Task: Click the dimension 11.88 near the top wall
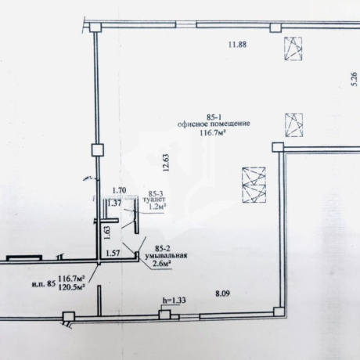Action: coord(237,45)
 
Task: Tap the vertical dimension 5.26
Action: coord(355,79)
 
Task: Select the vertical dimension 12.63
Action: coord(166,163)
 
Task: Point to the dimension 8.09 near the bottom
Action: coord(222,294)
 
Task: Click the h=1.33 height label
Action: coord(175,301)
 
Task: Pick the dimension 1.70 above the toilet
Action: coord(119,190)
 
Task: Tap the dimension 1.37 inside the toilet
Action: coord(114,203)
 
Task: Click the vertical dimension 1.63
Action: coord(107,232)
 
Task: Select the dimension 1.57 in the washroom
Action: coord(112,253)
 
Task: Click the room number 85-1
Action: coord(214,117)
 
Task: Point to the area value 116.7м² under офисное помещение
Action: coord(213,133)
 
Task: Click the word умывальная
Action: coord(167,255)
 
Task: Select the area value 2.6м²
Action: coord(162,264)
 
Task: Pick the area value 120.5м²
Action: coord(72,287)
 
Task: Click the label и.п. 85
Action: coord(44,284)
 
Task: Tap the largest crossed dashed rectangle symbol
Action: coord(254,185)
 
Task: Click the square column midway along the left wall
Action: coord(98,150)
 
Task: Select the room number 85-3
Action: coord(156,193)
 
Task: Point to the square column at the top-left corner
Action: coord(95,27)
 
